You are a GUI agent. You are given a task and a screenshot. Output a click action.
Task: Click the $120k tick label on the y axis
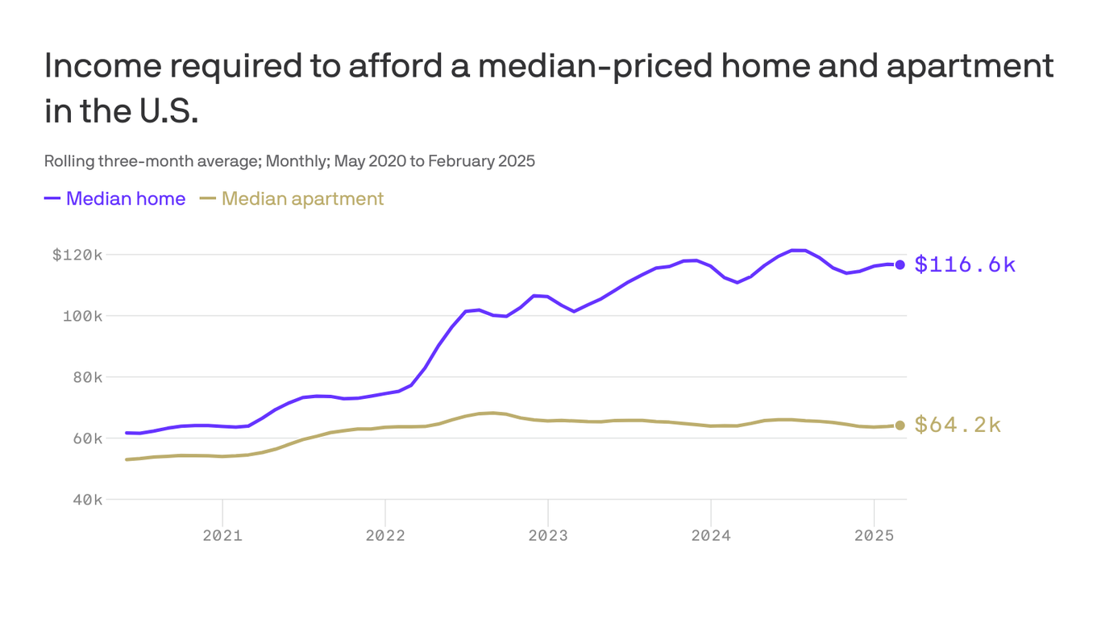click(77, 255)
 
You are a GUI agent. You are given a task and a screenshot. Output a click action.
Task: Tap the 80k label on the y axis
click(84, 377)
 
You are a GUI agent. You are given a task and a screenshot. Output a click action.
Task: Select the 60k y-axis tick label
click(84, 438)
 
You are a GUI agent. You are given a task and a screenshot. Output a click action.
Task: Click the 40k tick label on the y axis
click(84, 500)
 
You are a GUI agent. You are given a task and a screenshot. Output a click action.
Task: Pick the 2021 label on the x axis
click(222, 536)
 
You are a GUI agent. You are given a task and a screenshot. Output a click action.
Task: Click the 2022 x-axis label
click(385, 536)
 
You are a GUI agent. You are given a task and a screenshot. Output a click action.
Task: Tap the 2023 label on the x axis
click(548, 536)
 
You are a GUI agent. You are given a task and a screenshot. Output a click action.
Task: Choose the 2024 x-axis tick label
click(711, 536)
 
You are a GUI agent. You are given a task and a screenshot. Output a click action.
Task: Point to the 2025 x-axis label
click(874, 536)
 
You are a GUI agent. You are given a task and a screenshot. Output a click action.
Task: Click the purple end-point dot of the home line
click(899, 264)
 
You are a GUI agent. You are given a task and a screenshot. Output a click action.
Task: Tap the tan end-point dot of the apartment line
click(899, 425)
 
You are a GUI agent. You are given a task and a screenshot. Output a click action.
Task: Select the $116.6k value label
click(965, 264)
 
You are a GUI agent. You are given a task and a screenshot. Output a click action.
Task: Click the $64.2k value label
click(958, 425)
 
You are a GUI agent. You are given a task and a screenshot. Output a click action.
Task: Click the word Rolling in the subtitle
click(69, 160)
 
